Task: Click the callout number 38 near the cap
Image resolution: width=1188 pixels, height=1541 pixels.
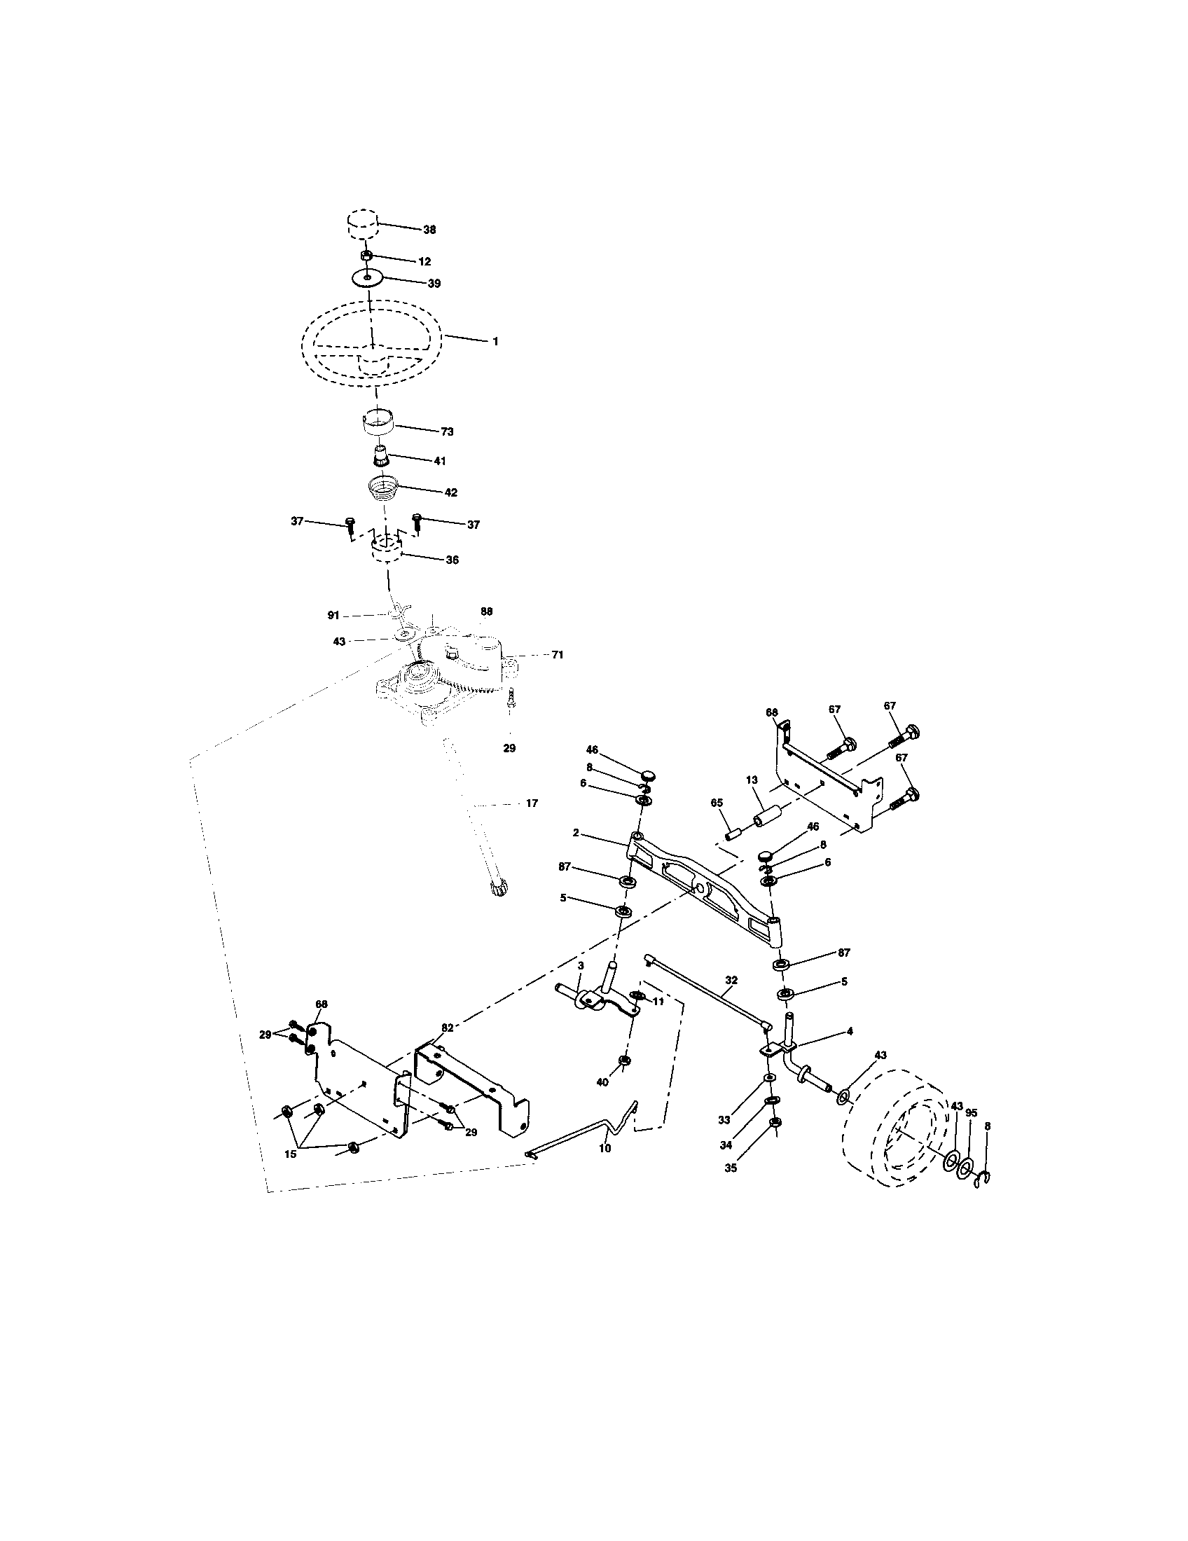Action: point(429,230)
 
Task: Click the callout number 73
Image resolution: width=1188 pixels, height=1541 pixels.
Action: point(447,431)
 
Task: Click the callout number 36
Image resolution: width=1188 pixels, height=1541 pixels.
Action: point(452,560)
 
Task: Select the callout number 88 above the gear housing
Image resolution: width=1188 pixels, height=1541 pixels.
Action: point(486,611)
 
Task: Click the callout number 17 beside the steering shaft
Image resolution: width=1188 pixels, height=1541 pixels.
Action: point(531,803)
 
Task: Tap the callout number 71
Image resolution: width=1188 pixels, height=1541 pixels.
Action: point(558,655)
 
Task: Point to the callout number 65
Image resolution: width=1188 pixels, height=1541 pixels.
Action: point(717,803)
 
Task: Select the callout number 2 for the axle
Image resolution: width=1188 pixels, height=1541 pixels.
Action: point(576,833)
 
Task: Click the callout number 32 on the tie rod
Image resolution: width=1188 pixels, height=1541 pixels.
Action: point(731,980)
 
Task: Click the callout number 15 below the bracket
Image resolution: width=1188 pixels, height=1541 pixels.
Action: point(291,1154)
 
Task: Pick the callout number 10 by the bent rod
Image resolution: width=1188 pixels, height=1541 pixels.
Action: point(605,1148)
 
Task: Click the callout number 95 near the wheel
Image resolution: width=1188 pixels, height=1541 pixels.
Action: point(972,1114)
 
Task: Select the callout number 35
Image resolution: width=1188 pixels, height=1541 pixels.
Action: point(730,1168)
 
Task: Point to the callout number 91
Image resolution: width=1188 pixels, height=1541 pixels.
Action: point(333,615)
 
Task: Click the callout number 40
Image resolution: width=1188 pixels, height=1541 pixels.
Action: point(602,1082)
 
